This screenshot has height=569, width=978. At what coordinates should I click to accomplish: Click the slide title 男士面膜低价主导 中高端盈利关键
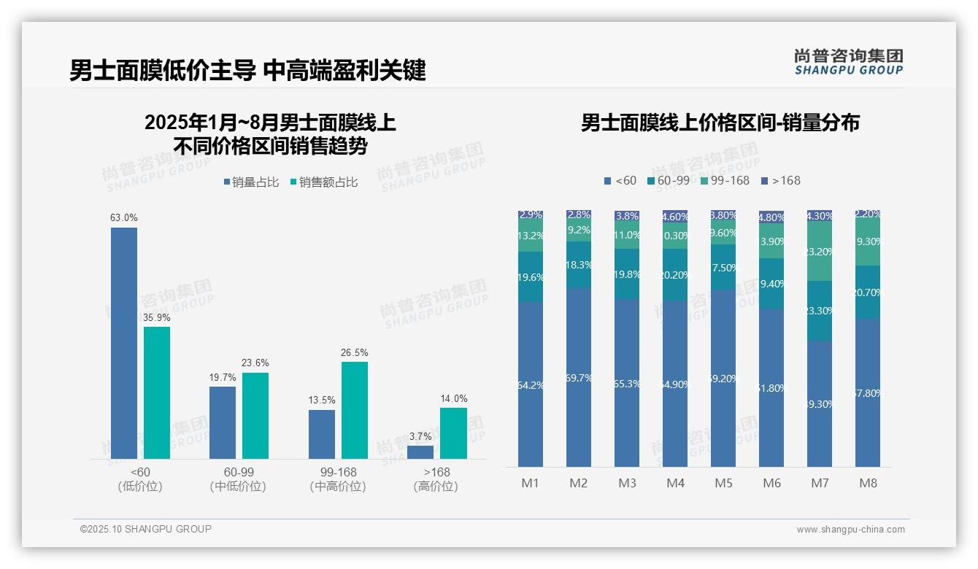pyautogui.click(x=247, y=71)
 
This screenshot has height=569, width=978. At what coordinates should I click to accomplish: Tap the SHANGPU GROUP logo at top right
pyautogui.click(x=848, y=62)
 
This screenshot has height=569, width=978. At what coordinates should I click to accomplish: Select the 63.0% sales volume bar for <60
pyautogui.click(x=124, y=343)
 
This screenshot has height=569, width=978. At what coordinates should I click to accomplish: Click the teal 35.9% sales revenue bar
pyautogui.click(x=157, y=392)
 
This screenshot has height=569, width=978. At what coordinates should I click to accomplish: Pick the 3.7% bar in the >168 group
pyautogui.click(x=420, y=452)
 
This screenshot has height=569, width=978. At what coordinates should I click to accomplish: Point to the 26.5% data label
pyautogui.click(x=355, y=353)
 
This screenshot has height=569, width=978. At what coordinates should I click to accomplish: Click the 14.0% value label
pyautogui.click(x=453, y=398)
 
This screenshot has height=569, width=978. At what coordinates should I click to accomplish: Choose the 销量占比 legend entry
pyautogui.click(x=250, y=182)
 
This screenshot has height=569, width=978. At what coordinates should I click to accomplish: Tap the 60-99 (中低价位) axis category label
pyautogui.click(x=238, y=479)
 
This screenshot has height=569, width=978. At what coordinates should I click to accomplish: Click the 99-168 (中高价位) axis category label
pyautogui.click(x=337, y=479)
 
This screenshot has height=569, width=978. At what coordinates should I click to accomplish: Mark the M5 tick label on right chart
pyautogui.click(x=723, y=483)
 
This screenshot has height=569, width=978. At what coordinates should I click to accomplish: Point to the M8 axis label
pyautogui.click(x=868, y=483)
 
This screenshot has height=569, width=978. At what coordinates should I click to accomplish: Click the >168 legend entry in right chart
pyautogui.click(x=780, y=180)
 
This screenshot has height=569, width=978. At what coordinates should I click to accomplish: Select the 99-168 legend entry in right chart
pyautogui.click(x=725, y=180)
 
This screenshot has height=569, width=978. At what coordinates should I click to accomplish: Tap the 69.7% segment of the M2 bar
pyautogui.click(x=579, y=377)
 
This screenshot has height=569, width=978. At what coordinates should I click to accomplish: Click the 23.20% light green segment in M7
pyautogui.click(x=820, y=251)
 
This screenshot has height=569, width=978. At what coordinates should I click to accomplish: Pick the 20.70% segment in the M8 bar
pyautogui.click(x=868, y=292)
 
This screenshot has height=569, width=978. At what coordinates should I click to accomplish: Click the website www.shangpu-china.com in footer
pyautogui.click(x=850, y=530)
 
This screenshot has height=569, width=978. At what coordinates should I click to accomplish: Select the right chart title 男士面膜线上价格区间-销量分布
pyautogui.click(x=720, y=123)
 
